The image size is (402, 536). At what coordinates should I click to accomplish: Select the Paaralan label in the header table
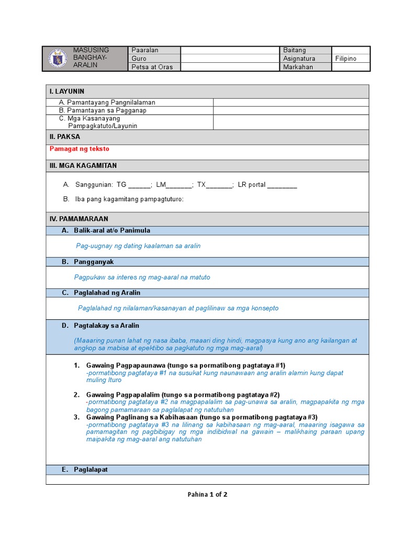point(145,50)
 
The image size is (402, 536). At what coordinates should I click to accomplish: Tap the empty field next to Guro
point(230,59)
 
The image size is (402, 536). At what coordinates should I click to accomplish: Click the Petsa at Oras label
point(152,67)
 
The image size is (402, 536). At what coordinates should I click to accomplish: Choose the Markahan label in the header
point(298,67)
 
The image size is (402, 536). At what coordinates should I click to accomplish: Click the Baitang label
point(294,50)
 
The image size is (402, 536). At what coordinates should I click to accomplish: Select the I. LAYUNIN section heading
point(67,91)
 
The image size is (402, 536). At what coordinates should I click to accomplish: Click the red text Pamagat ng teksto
point(80,149)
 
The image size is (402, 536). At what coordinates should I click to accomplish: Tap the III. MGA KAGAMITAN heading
point(83,165)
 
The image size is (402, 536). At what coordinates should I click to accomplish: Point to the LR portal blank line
point(282,185)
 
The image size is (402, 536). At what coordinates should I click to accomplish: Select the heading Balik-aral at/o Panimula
point(112,230)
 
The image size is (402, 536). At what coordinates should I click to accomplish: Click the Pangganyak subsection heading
point(94,261)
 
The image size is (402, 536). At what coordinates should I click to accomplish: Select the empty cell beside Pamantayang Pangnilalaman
point(291,103)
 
